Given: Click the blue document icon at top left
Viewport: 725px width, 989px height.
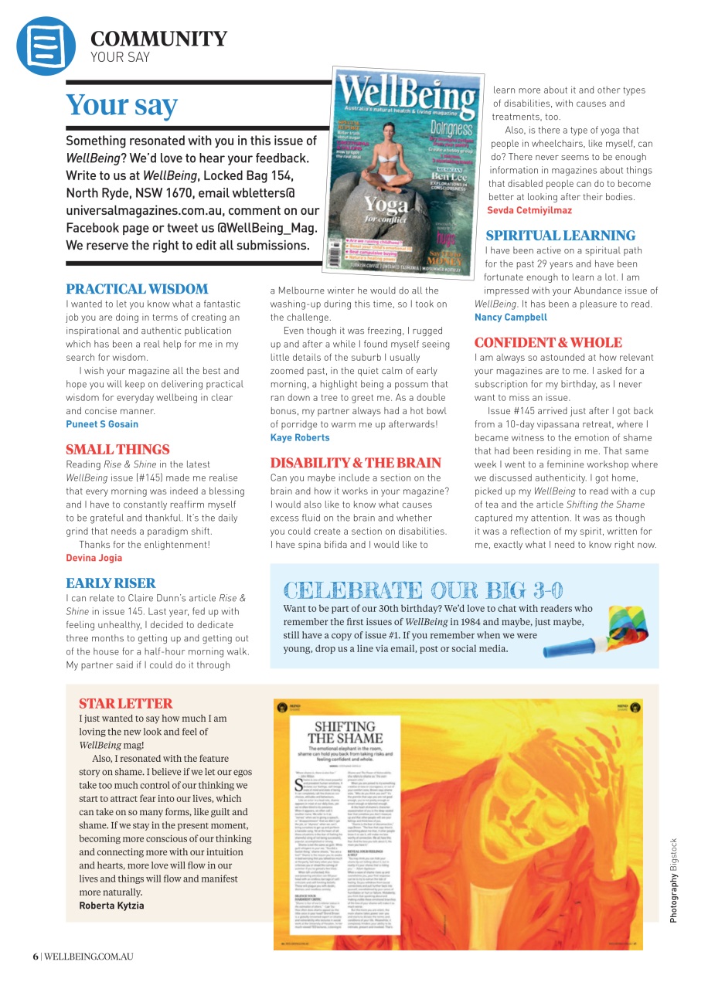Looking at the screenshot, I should (46, 46).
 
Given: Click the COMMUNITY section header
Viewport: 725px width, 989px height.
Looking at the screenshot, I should (158, 39).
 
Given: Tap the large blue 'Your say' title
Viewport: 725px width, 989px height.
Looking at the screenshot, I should (121, 105).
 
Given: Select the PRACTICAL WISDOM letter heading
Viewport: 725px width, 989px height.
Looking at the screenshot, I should (137, 289).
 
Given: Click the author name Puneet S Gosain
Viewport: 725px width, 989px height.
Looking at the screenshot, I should (102, 424).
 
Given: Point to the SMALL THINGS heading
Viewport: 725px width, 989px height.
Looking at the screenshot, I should (117, 450).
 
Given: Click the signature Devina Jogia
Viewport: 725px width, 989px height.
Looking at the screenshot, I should (94, 558).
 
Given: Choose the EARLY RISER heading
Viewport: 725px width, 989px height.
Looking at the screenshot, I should (111, 583).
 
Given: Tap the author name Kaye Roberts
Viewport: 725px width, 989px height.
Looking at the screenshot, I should (300, 437).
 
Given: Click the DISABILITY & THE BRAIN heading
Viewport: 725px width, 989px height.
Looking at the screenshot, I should (356, 463).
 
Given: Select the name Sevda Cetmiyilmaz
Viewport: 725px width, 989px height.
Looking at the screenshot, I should (529, 210).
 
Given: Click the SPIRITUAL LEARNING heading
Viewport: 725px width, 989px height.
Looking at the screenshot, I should (560, 236).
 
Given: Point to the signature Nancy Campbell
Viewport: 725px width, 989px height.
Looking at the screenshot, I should (510, 317).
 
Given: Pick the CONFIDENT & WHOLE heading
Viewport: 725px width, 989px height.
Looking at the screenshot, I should (548, 342).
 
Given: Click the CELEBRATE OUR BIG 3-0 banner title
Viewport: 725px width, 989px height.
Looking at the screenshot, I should (424, 590).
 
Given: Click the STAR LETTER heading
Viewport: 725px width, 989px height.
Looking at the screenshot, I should (125, 703).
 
